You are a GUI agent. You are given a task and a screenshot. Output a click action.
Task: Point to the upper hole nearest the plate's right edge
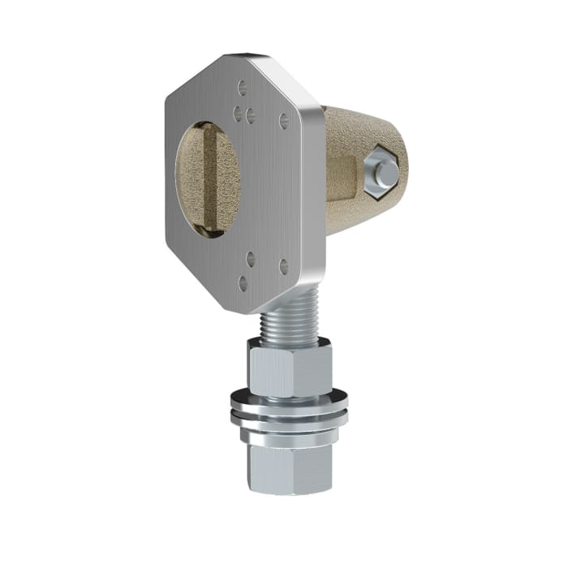point(284,119)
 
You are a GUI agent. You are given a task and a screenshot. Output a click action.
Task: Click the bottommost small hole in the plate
point(243,283)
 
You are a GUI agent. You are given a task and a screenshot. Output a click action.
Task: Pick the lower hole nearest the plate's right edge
point(284,265)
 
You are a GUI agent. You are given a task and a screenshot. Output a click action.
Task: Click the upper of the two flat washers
point(289,400)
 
